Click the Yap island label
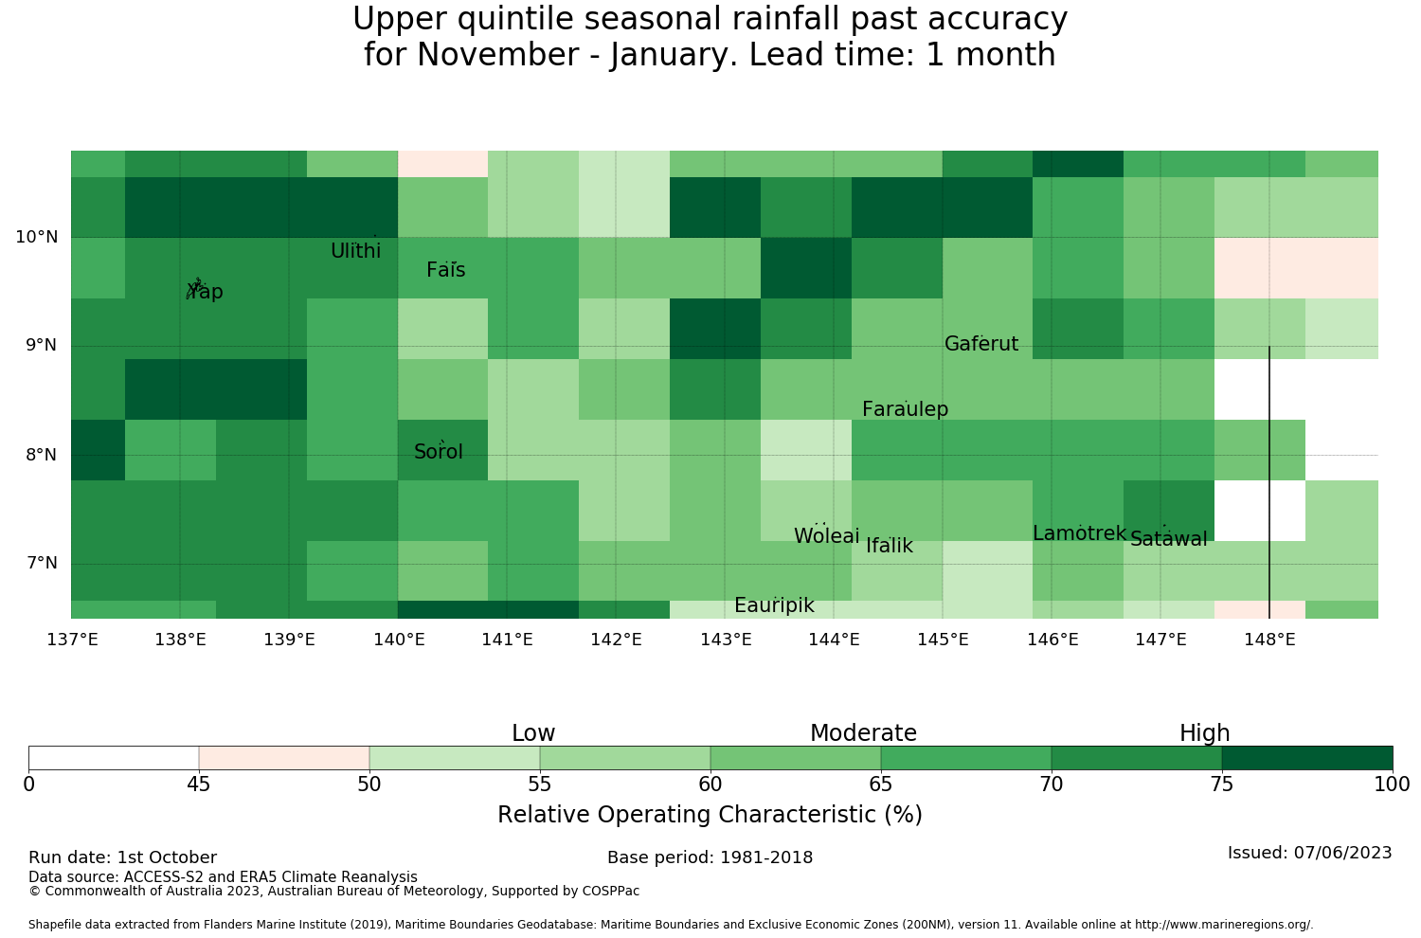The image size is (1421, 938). pyautogui.click(x=205, y=291)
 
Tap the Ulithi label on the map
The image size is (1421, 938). pyautogui.click(x=356, y=251)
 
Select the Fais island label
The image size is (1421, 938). pyautogui.click(x=446, y=270)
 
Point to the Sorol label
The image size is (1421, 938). pyautogui.click(x=439, y=451)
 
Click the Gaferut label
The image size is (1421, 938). pyautogui.click(x=981, y=343)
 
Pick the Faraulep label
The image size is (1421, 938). pyautogui.click(x=906, y=408)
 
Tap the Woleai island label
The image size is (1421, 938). pyautogui.click(x=827, y=535)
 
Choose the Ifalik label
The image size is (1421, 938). pyautogui.click(x=890, y=545)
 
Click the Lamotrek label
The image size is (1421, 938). pyautogui.click(x=1080, y=533)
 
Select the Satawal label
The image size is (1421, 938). pyautogui.click(x=1168, y=539)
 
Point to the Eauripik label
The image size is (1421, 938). pyautogui.click(x=774, y=605)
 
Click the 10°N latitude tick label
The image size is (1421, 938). pyautogui.click(x=37, y=237)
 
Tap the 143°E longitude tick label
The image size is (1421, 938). pyautogui.click(x=726, y=640)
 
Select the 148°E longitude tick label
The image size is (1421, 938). pyautogui.click(x=1269, y=640)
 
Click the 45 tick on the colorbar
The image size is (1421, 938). pyautogui.click(x=199, y=785)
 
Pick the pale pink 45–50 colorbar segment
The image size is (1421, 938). pyautogui.click(x=284, y=758)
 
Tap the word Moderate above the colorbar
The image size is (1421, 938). pyautogui.click(x=863, y=733)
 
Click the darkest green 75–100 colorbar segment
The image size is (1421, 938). pyautogui.click(x=1306, y=758)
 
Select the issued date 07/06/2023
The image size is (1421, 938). pyautogui.click(x=1343, y=853)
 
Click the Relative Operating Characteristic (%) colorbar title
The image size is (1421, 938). pyautogui.click(x=710, y=814)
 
